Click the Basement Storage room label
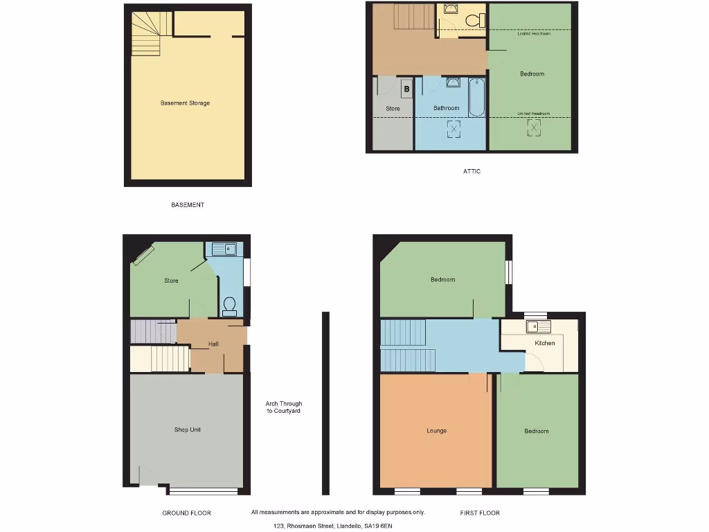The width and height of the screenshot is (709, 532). [x=185, y=103]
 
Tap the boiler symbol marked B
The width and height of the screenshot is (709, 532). [x=406, y=89]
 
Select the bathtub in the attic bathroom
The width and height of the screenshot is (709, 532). [x=476, y=98]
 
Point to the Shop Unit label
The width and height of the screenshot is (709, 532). [x=187, y=430]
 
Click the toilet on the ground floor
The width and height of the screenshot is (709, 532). [x=229, y=305]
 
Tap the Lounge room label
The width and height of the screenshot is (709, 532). [x=436, y=431]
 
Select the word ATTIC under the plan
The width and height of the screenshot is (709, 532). [x=472, y=171]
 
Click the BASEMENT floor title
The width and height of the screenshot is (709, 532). [x=188, y=205]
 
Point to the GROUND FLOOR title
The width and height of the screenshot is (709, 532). [x=186, y=513]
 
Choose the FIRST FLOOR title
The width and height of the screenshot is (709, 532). [x=480, y=513]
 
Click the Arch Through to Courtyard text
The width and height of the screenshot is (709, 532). [x=284, y=407]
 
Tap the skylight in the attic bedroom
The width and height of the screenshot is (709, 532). [x=534, y=127]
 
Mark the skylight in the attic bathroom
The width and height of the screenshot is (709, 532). [x=454, y=129]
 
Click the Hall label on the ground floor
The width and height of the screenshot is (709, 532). [x=214, y=344]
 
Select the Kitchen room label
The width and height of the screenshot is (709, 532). [x=544, y=344]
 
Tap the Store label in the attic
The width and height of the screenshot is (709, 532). [x=393, y=109]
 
